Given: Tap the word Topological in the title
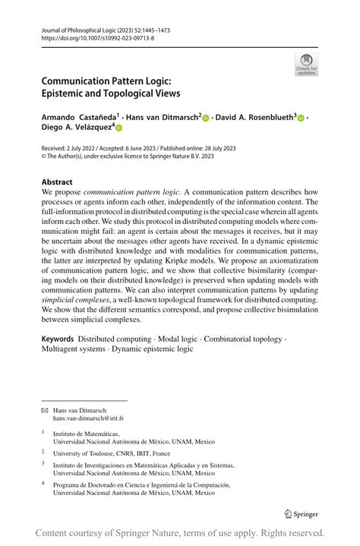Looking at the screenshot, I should click(134, 93).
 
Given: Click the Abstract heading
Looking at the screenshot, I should click(58, 182).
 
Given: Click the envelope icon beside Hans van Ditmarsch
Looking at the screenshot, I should click(44, 409).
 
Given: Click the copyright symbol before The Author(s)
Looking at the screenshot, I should click(44, 158).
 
